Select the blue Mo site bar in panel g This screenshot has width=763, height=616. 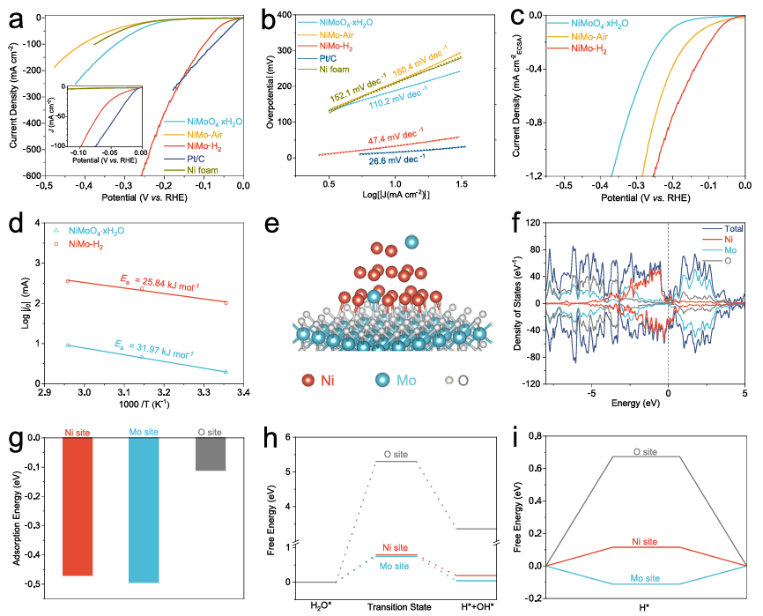click(144, 509)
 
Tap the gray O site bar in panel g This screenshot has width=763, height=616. click(210, 454)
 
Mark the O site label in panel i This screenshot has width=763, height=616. click(646, 451)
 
